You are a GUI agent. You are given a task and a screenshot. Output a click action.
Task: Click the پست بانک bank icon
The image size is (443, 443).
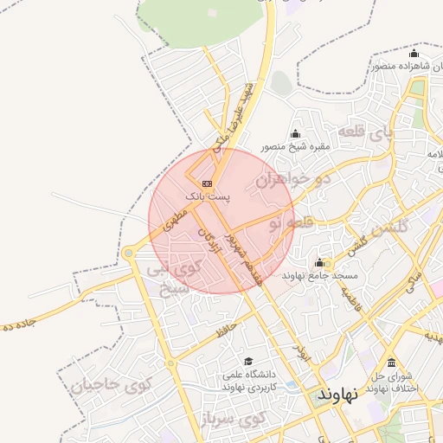click(207, 183)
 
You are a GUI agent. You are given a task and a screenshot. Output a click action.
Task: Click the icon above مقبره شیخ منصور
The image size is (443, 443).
click(296, 133)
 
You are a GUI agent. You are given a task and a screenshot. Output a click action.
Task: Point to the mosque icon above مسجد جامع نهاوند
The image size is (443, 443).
click(319, 262)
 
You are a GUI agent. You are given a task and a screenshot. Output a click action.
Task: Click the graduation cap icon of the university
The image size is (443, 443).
click(249, 362)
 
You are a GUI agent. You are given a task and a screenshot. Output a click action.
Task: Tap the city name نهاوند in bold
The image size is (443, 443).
click(337, 394)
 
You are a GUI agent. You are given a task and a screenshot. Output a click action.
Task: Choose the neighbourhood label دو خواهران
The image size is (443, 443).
click(295, 180)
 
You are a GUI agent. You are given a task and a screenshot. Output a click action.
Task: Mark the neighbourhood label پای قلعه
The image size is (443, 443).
click(365, 132)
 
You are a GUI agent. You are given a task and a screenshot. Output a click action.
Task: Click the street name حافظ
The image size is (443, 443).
click(227, 328)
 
